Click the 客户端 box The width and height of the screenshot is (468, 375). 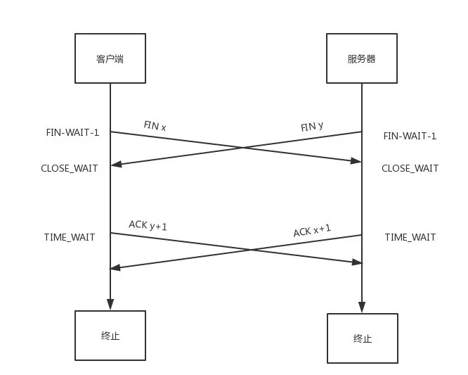(110, 58)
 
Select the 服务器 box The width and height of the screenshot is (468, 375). (362, 58)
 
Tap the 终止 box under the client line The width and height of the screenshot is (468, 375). (110, 336)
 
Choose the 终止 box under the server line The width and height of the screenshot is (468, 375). (362, 338)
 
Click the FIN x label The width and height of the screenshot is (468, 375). (155, 126)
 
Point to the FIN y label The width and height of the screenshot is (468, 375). (312, 127)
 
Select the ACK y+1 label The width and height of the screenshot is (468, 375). (148, 225)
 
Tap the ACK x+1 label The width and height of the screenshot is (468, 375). (312, 231)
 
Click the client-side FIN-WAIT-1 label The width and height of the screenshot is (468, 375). (72, 132)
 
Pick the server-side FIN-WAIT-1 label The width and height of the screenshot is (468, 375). (410, 136)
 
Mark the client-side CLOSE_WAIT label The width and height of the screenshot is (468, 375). (70, 168)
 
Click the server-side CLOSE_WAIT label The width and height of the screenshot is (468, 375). (410, 168)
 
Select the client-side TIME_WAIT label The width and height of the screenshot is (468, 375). (70, 237)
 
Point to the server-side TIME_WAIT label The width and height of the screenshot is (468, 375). (410, 237)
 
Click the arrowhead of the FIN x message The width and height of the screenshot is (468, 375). (357, 161)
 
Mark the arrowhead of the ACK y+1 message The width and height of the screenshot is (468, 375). (357, 262)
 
